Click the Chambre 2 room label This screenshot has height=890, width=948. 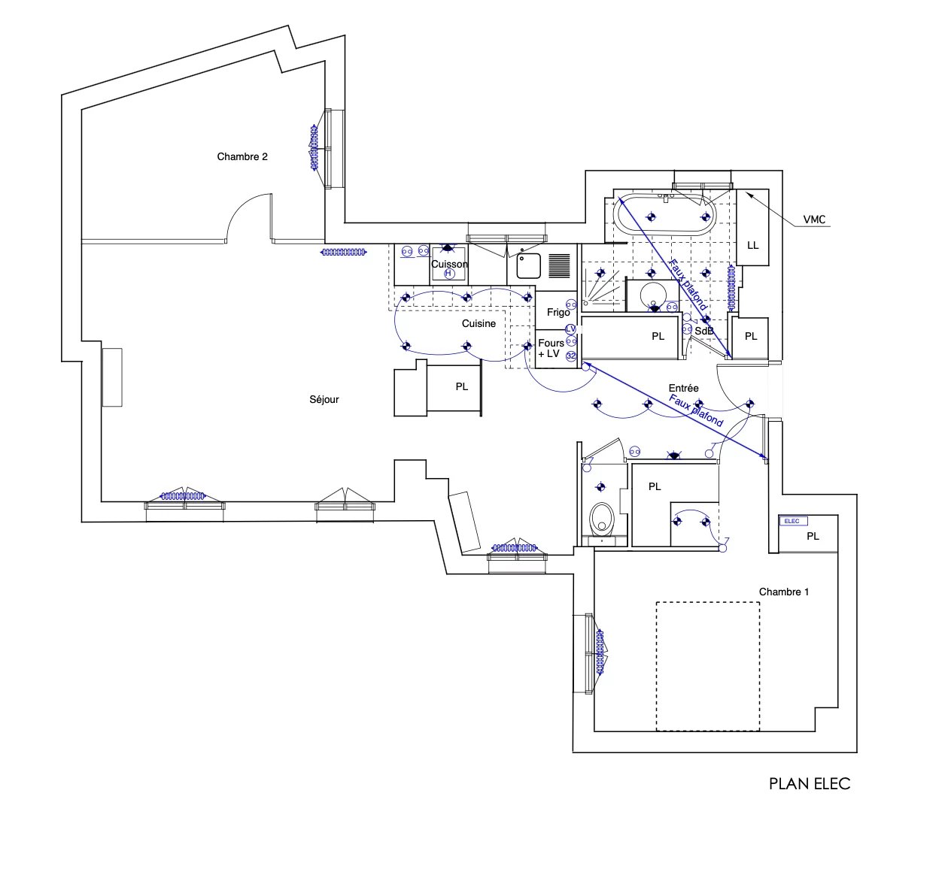pyautogui.click(x=242, y=156)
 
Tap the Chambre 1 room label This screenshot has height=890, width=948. pyautogui.click(x=784, y=592)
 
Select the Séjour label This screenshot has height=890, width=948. pyautogui.click(x=324, y=399)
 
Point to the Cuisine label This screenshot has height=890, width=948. pyautogui.click(x=479, y=323)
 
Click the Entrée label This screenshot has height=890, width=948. pyautogui.click(x=684, y=388)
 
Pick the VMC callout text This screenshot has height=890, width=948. pyautogui.click(x=814, y=219)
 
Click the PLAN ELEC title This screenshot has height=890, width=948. pyautogui.click(x=810, y=784)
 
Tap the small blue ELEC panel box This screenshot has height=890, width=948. pyautogui.click(x=792, y=521)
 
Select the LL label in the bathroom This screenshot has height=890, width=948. pyautogui.click(x=753, y=245)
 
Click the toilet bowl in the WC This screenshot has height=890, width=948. pyautogui.click(x=601, y=519)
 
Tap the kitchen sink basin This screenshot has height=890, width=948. pyautogui.click(x=529, y=266)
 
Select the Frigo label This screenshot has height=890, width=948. pyautogui.click(x=558, y=312)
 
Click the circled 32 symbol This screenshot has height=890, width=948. pyautogui.click(x=571, y=356)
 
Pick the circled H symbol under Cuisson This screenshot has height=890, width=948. pyautogui.click(x=448, y=274)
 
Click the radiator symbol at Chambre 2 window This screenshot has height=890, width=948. pyautogui.click(x=314, y=148)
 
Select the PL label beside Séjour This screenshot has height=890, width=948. pyautogui.click(x=462, y=386)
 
